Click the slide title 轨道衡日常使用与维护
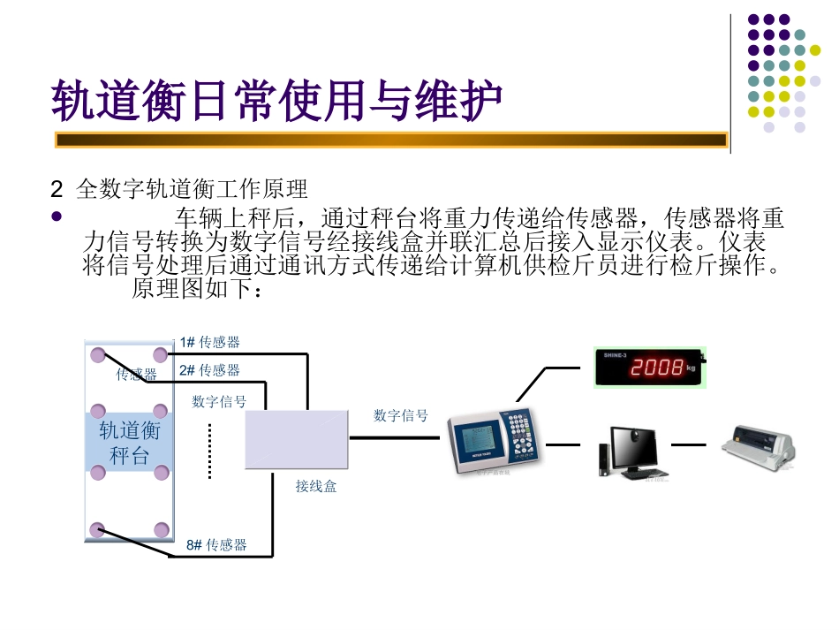(276, 100)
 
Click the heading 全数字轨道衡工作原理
(192, 189)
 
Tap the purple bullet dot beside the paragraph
(58, 216)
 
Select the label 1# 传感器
(209, 342)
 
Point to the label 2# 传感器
(209, 370)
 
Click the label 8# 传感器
(216, 545)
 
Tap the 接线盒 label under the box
(315, 486)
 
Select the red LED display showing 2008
(649, 368)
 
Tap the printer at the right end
(760, 445)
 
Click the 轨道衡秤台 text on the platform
(129, 443)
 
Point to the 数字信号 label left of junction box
(219, 402)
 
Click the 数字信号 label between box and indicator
(400, 415)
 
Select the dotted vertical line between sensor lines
(210, 451)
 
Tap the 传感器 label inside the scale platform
(136, 375)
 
